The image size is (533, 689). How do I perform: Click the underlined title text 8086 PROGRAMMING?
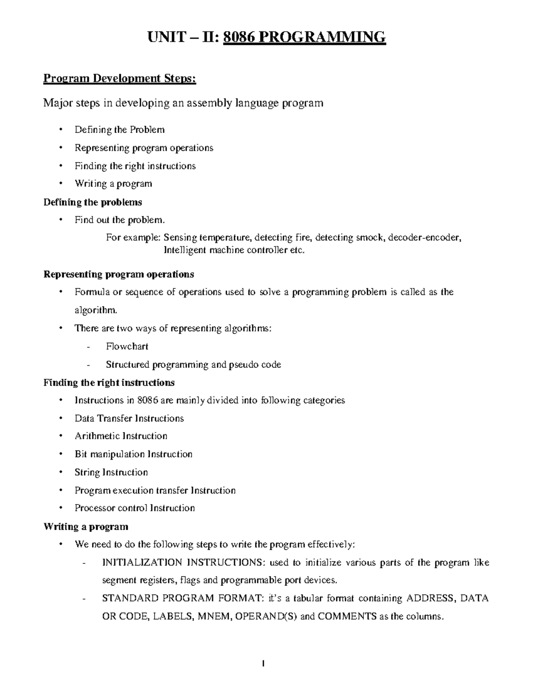click(304, 37)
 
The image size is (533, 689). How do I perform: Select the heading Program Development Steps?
click(119, 79)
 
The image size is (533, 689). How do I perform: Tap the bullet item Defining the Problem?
click(119, 130)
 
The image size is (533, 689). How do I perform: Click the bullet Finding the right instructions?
click(135, 166)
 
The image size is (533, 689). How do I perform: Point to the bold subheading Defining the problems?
click(92, 202)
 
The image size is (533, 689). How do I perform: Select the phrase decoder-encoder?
click(425, 237)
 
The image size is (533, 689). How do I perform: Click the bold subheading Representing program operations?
click(119, 274)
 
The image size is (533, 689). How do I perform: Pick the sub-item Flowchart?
click(127, 346)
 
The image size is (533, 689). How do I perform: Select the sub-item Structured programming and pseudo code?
click(193, 365)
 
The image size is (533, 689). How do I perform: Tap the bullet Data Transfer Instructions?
click(129, 418)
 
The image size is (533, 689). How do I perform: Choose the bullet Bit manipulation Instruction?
click(133, 454)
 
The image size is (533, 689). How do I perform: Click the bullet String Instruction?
click(111, 472)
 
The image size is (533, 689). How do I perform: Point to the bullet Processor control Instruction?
click(135, 508)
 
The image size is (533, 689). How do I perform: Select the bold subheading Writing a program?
click(86, 527)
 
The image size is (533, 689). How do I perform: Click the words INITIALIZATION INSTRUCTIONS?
click(183, 563)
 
